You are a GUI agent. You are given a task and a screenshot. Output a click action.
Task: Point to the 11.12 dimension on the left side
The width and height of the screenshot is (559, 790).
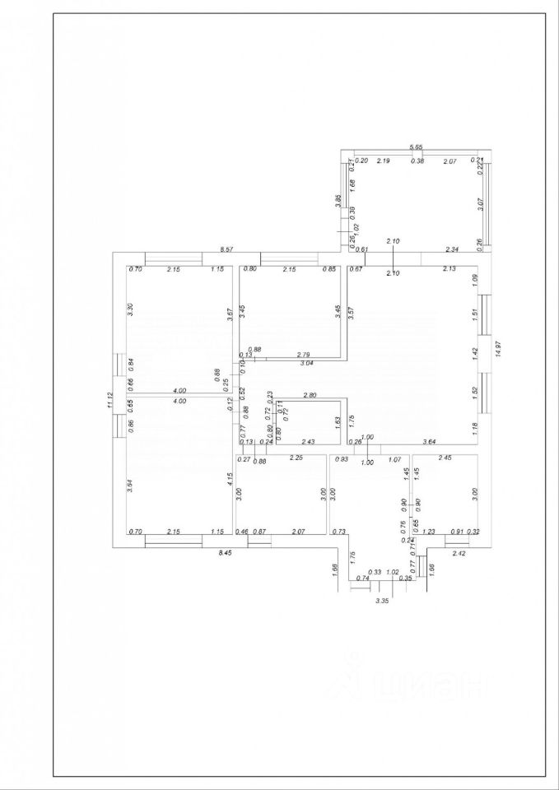109,400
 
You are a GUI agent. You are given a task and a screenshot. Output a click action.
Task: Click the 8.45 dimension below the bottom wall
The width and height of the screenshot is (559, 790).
224,554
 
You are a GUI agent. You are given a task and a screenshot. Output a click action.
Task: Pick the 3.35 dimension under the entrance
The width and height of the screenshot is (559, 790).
382,602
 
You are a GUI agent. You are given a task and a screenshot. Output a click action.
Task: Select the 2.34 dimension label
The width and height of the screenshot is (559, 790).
452,249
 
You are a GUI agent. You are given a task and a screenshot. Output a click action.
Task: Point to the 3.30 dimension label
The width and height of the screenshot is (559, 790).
130,309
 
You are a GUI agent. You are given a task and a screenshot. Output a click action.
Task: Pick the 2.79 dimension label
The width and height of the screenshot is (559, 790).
303,354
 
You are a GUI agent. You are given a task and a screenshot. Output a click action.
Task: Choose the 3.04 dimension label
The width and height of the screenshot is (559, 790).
306,363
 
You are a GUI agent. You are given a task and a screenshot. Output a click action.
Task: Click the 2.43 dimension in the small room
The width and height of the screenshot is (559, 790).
309,442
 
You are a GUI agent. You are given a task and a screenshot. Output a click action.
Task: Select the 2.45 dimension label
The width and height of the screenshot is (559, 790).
445,458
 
